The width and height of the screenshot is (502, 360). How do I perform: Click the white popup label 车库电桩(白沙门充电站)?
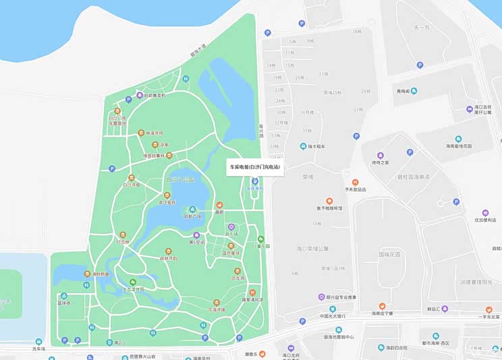[255, 167]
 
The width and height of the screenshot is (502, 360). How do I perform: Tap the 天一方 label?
[422, 28]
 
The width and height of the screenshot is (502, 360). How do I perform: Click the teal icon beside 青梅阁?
[414, 91]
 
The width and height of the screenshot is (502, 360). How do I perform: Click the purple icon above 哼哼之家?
[381, 155]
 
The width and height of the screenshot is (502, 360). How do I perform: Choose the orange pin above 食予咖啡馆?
[329, 200]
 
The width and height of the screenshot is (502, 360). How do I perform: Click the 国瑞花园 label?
[389, 255]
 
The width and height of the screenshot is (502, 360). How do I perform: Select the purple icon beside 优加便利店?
[485, 212]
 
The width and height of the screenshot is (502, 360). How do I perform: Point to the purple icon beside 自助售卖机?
[140, 95]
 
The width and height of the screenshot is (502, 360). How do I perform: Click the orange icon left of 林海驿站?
[141, 133]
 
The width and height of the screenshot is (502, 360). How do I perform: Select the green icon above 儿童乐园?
[261, 239]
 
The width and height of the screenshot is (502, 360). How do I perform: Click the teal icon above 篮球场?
[64, 295]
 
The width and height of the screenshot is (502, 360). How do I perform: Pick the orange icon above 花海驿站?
[217, 303]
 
